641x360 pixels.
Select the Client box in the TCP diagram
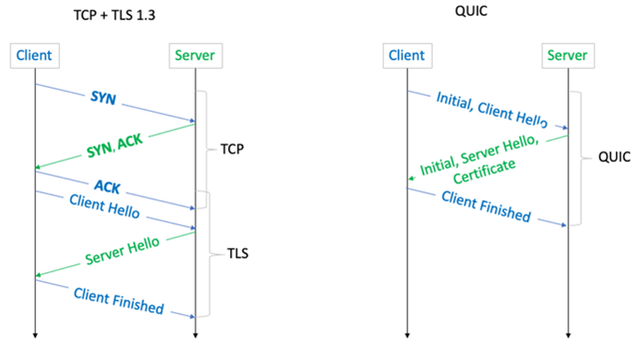(x=34, y=57)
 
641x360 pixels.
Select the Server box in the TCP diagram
(x=195, y=57)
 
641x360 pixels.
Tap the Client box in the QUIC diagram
(x=407, y=57)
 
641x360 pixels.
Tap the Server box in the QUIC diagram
(x=567, y=57)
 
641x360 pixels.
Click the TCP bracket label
(x=232, y=150)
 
